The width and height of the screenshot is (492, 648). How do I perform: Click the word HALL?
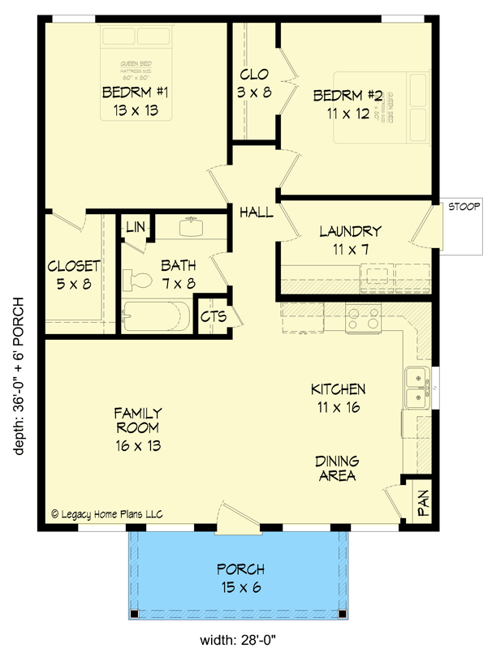[256, 212]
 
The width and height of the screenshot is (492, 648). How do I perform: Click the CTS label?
[213, 315]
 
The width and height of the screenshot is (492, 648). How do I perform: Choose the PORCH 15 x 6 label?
[240, 577]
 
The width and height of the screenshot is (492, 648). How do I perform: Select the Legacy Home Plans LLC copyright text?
[107, 513]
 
